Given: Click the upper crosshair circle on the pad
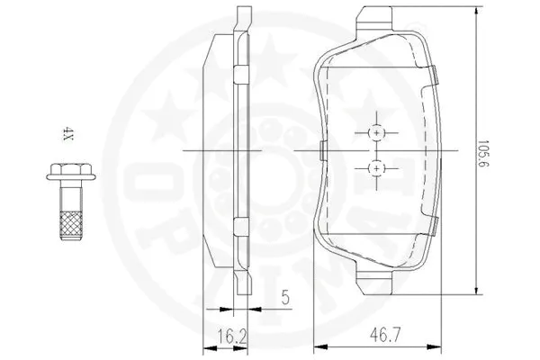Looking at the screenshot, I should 377,132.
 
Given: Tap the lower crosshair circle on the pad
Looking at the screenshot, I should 377,167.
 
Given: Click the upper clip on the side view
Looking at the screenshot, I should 240,74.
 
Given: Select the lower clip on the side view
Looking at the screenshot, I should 240,225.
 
